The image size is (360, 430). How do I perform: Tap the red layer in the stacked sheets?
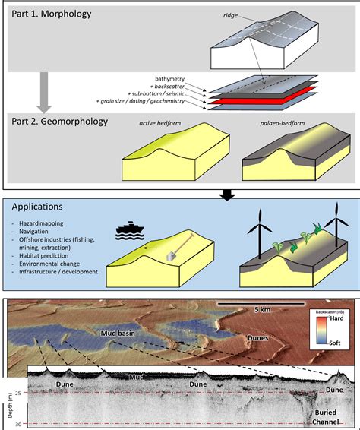coord(259,99)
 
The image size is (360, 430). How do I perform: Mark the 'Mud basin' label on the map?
coord(120,333)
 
